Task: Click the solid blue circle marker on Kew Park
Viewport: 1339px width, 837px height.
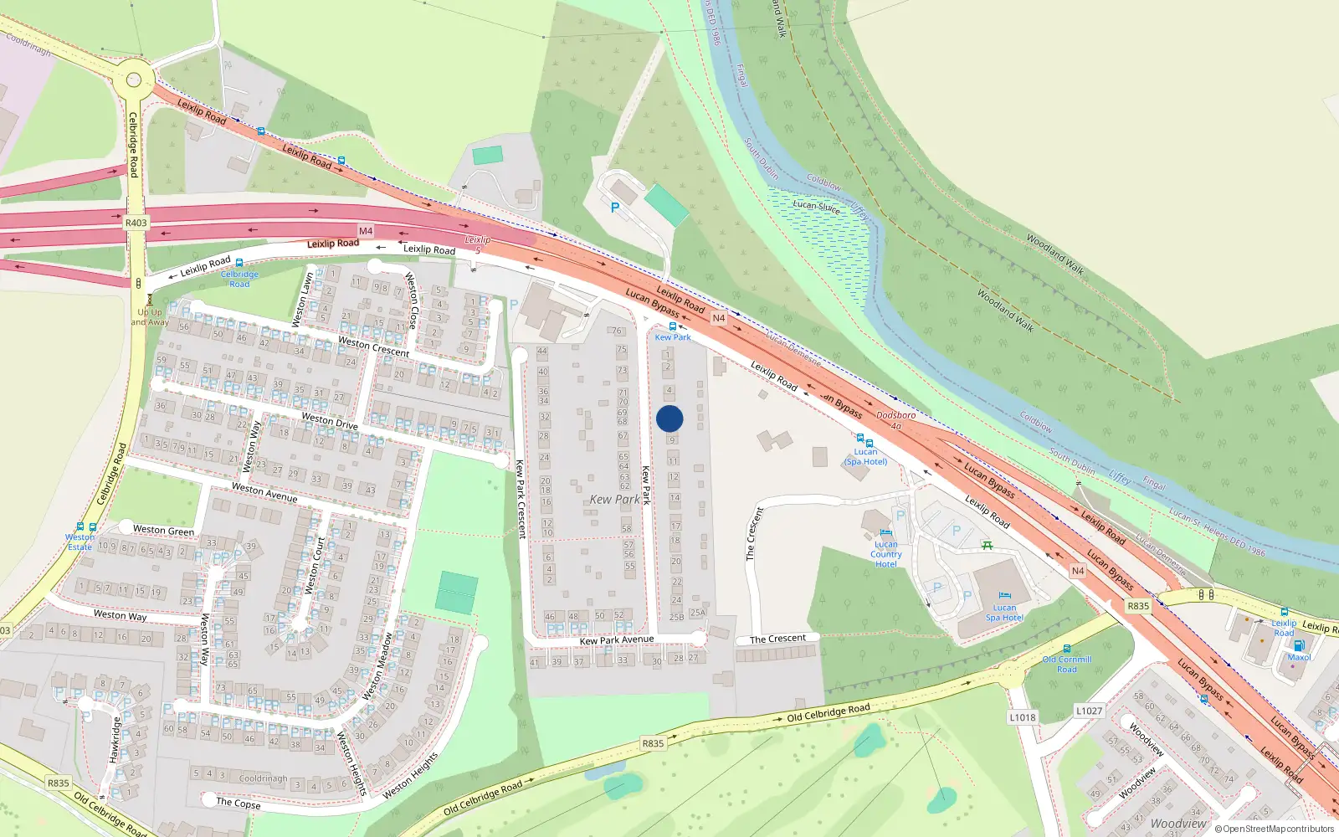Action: pos(669,418)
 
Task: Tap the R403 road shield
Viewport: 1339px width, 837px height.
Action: pos(136,223)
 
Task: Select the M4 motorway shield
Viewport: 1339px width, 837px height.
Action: pos(366,231)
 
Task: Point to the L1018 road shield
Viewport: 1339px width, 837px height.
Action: pos(1022,717)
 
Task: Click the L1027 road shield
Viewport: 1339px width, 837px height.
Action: pos(1089,711)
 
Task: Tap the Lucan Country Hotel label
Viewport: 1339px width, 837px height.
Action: pos(885,554)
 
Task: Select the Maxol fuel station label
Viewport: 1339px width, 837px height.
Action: pos(1299,657)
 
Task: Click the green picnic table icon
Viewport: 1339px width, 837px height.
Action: pos(988,546)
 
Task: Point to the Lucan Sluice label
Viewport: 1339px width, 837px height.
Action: pos(816,207)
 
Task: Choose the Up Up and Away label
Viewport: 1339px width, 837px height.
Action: pos(150,316)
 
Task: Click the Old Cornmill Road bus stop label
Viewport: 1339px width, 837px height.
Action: pos(1067,664)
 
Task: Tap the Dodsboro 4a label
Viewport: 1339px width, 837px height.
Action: pos(895,420)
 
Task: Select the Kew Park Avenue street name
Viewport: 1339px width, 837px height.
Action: pos(617,640)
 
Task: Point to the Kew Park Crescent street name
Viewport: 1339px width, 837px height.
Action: pos(521,499)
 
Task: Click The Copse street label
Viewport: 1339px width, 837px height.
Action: pos(238,803)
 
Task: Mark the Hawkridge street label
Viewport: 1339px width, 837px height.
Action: pos(115,739)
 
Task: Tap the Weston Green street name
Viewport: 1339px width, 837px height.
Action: pos(163,530)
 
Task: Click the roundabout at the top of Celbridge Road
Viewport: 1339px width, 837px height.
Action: pos(134,80)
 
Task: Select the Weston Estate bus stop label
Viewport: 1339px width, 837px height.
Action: pos(80,542)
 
